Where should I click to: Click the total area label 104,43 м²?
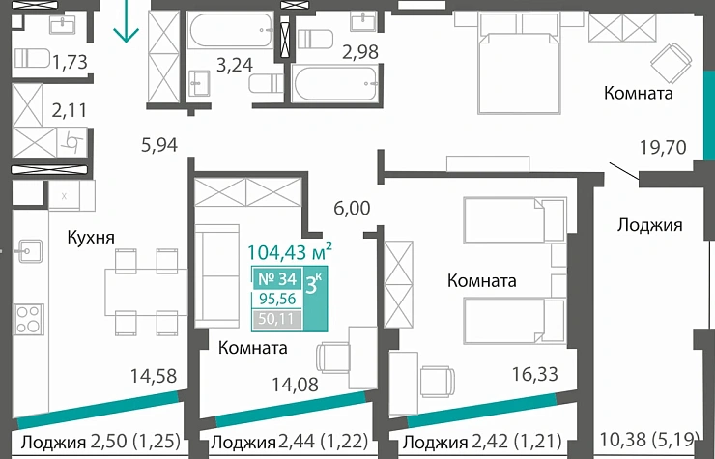click(290, 252)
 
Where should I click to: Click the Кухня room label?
click(91, 237)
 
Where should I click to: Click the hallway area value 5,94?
click(160, 146)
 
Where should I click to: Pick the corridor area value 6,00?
click(352, 207)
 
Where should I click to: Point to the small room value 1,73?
click(71, 63)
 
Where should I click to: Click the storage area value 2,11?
click(70, 110)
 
